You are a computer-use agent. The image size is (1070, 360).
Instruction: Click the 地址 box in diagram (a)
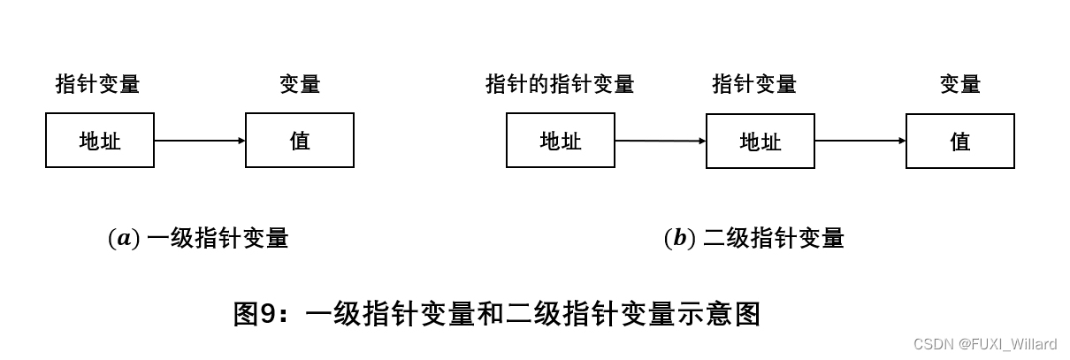100,140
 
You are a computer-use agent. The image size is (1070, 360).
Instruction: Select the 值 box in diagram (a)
300,140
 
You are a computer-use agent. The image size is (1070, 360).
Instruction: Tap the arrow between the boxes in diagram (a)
200,140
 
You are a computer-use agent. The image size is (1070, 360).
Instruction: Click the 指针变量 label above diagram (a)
97,84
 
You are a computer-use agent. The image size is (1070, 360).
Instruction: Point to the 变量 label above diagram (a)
300,84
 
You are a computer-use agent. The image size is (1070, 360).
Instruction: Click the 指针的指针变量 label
560,84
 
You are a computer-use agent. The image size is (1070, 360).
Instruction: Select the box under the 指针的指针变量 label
561,141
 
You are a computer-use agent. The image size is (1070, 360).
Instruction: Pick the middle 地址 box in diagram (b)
760,141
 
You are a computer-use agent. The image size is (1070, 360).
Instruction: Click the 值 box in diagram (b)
960,141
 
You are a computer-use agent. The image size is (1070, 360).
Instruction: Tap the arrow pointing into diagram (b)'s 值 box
860,141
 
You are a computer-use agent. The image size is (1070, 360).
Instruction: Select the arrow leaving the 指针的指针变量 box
661,141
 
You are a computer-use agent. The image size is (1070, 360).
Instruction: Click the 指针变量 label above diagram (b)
754,84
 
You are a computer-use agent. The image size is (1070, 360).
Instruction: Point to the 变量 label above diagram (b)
960,84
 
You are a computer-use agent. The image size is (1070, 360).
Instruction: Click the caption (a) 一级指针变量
198,238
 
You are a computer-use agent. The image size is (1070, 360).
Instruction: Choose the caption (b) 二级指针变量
754,238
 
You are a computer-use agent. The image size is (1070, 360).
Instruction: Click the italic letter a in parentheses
123,239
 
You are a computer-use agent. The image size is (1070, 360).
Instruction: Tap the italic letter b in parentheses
679,238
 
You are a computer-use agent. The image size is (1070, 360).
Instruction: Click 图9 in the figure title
255,314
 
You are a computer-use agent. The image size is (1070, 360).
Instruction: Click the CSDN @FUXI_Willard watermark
985,344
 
